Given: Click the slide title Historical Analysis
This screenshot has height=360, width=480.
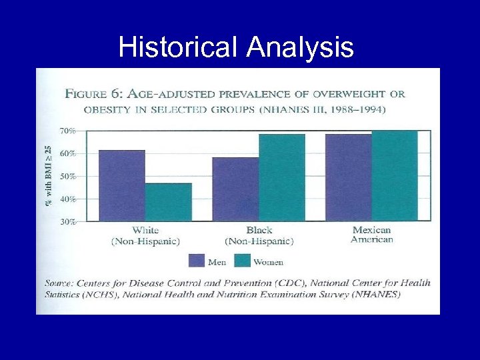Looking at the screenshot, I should click(236, 47).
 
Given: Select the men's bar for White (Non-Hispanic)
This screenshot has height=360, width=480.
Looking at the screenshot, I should click(121, 185).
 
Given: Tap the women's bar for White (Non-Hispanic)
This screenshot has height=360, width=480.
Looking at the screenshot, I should click(168, 201).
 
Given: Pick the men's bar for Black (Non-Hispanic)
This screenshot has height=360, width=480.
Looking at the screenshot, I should click(235, 189).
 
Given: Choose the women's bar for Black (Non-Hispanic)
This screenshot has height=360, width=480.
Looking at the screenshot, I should click(282, 177).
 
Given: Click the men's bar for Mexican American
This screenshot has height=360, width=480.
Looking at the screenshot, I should click(349, 177).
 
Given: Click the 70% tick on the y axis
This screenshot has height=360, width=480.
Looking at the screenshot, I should click(68, 131).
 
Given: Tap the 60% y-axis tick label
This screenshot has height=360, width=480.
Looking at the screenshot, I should click(68, 154).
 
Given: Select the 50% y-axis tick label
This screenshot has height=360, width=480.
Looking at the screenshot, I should click(68, 177).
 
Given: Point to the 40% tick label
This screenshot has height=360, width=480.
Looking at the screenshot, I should click(68, 199).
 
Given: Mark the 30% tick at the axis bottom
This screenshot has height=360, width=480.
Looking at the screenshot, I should click(68, 221).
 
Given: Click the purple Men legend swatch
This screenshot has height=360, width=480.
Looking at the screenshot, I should click(196, 261).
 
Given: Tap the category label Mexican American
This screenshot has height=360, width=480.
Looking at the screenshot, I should click(372, 235).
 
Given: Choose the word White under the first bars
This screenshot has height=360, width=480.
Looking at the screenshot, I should click(145, 230).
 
